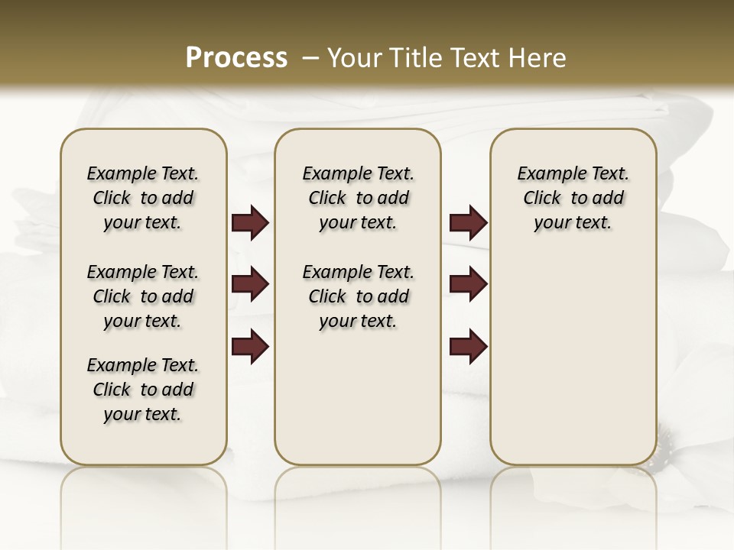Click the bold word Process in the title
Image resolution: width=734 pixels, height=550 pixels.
pos(236,58)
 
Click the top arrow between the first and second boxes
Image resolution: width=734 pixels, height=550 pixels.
pos(250,223)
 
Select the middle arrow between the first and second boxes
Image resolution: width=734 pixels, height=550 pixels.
pos(250,285)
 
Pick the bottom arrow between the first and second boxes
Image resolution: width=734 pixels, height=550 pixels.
pos(250,346)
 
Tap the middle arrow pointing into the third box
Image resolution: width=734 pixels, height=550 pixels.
pos(468,285)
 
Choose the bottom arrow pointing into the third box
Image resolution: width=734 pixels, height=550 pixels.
pos(468,346)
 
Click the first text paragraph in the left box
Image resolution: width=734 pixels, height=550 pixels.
pos(143,198)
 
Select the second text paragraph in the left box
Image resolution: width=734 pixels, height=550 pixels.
pos(143,296)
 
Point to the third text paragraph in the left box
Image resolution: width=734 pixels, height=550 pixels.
pos(143,390)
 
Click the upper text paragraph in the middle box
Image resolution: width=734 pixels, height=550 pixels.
pos(359,198)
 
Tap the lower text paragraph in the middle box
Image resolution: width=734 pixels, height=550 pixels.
pos(359,296)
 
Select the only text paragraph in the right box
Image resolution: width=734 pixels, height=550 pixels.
pos(573,198)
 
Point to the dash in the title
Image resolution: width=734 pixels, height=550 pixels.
pos(310,58)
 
